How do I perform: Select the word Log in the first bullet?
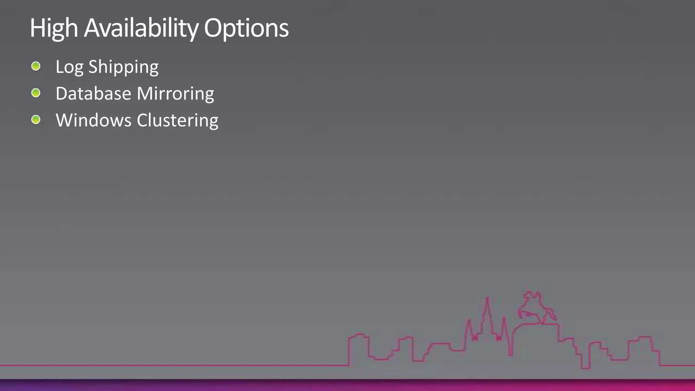point(69,67)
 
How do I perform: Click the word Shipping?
point(124,67)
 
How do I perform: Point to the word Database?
point(93,93)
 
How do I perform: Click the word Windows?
point(93,120)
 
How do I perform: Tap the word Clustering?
point(177,121)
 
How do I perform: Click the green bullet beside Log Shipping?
point(36,66)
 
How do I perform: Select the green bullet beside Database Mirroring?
point(36,93)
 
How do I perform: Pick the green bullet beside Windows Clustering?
point(36,119)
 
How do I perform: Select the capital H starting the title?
point(36,28)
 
